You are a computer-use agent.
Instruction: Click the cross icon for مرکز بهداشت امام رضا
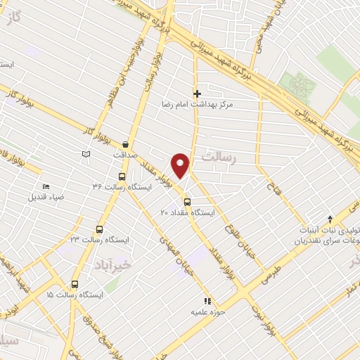coord(198,93)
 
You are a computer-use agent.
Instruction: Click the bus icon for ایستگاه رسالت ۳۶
coord(122,176)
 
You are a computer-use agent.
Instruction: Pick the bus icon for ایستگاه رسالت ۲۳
coord(98,229)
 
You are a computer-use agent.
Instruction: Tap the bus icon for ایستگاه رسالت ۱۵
coord(75,285)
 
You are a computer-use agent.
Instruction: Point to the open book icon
coord(86,153)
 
